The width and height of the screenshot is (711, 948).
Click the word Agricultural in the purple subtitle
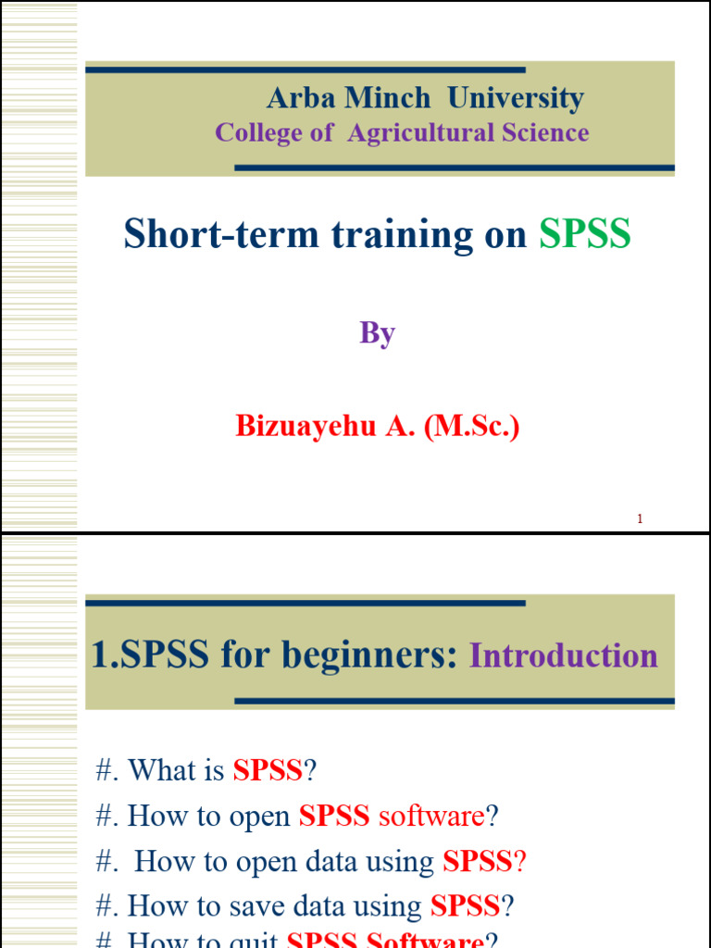[x=421, y=132]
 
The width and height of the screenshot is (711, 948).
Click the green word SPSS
[x=585, y=235]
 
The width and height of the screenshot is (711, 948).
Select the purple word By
[x=378, y=333]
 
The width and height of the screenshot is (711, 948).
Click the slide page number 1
[x=640, y=519]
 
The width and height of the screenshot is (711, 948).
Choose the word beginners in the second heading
[x=370, y=655]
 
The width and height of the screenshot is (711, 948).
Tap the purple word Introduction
[x=564, y=655]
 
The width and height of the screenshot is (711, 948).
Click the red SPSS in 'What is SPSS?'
[x=268, y=769]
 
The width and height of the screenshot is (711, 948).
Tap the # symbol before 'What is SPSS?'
[x=105, y=769]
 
